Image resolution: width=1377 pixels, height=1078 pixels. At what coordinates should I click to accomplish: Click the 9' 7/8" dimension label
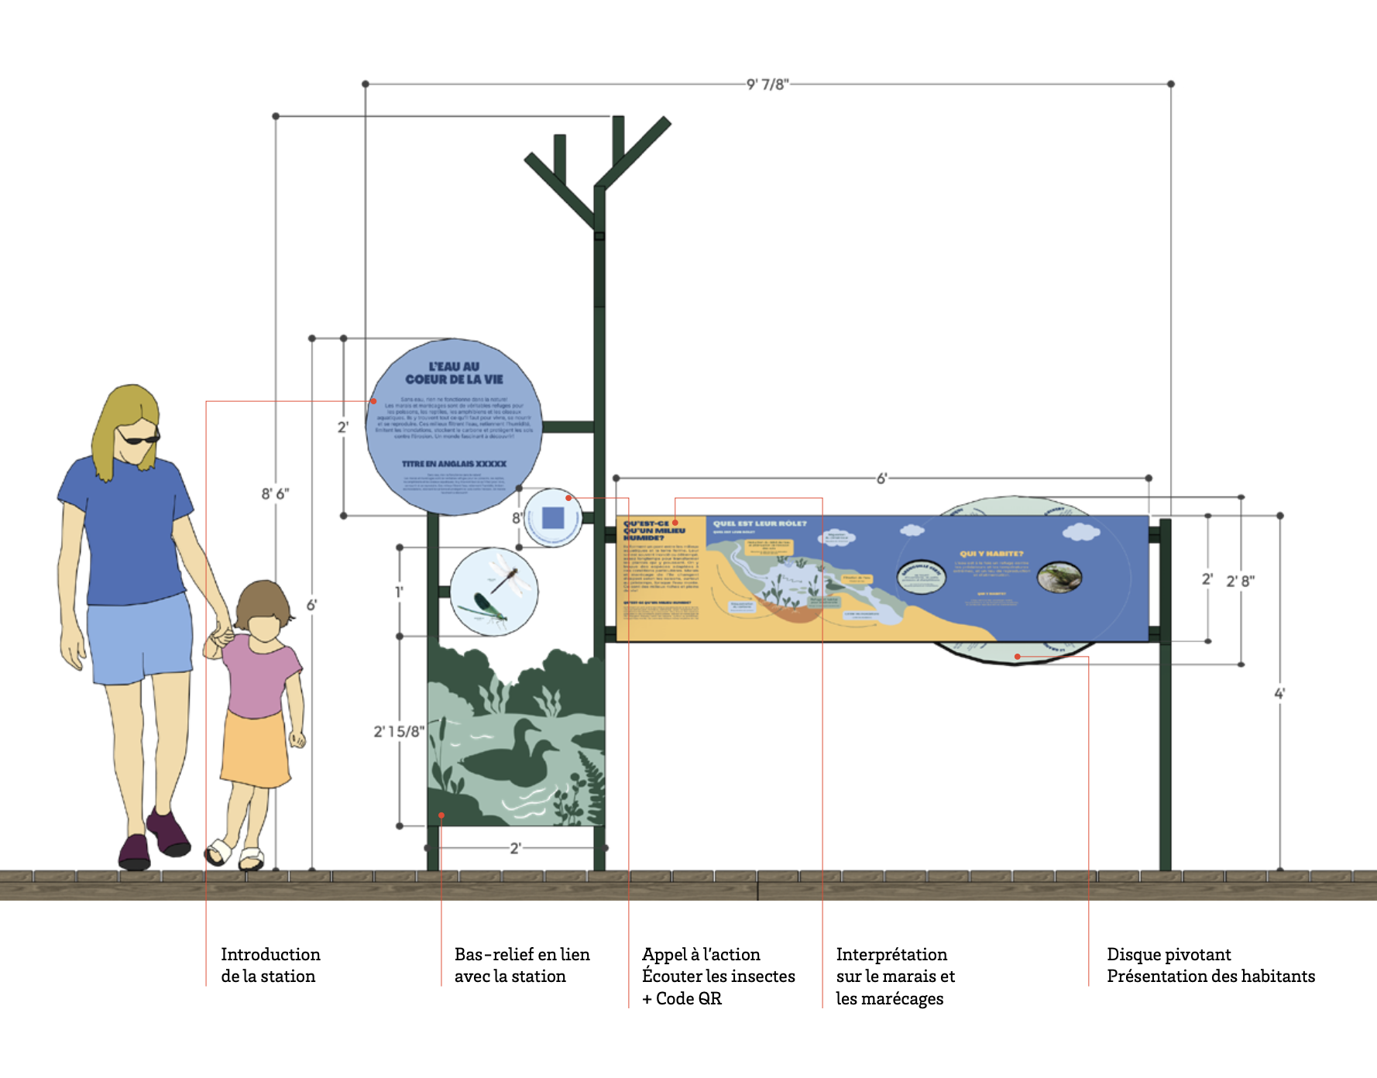[767, 84]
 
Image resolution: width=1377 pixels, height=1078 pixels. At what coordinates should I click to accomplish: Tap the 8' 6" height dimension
[275, 493]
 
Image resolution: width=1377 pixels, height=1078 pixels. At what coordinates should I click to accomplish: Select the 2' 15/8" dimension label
[399, 731]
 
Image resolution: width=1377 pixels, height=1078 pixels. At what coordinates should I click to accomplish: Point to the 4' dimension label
[1279, 693]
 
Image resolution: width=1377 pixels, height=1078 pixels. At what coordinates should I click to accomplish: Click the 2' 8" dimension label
[1241, 580]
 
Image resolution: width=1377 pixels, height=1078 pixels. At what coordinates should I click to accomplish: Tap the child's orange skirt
[256, 747]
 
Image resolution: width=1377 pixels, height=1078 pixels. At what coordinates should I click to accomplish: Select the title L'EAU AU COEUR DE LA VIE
[455, 372]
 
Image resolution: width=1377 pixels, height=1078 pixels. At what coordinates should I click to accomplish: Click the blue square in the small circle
[553, 517]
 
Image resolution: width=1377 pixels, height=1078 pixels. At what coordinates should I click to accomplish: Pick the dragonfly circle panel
[493, 592]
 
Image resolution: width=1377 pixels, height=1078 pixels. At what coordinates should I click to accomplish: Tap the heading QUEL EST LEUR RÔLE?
[760, 524]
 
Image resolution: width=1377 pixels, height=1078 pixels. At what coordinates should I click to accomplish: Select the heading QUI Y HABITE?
[991, 553]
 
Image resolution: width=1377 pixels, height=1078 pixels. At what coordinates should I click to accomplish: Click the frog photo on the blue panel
[1059, 577]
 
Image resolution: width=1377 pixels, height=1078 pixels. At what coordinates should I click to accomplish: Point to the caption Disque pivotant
[1169, 954]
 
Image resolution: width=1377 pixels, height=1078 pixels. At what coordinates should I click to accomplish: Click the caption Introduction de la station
[270, 965]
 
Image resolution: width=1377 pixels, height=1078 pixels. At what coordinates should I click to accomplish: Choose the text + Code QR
[682, 998]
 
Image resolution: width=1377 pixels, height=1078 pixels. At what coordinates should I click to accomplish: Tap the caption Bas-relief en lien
[522, 954]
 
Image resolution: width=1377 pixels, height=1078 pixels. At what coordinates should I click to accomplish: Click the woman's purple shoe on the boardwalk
[134, 852]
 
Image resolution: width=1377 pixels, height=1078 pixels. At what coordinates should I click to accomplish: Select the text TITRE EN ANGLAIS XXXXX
[454, 464]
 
